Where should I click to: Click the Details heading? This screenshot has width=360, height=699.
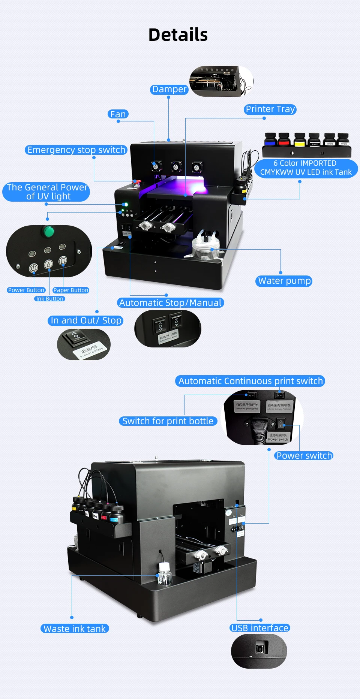[178, 35]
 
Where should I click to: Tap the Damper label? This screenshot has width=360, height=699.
[169, 89]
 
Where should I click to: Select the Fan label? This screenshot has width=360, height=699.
[118, 114]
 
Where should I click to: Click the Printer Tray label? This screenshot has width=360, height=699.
[270, 109]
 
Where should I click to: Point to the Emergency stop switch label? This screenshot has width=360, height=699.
[76, 150]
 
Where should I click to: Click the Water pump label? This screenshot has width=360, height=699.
[284, 281]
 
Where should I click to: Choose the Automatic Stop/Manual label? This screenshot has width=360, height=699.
[170, 303]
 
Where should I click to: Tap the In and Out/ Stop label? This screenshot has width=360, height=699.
[86, 320]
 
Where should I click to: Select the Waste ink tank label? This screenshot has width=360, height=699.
[75, 629]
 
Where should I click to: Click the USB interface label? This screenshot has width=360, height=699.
[260, 628]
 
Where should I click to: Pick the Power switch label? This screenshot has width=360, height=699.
[304, 455]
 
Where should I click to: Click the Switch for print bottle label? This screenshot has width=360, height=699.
[168, 421]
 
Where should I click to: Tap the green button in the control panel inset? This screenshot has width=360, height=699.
[48, 232]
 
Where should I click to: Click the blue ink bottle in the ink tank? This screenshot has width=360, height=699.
[270, 140]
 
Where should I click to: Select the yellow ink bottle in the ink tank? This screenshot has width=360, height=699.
[300, 140]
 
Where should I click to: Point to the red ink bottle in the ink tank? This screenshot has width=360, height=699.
[284, 140]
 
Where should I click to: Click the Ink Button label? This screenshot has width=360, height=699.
[50, 299]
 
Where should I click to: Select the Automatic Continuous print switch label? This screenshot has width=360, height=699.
[250, 381]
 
